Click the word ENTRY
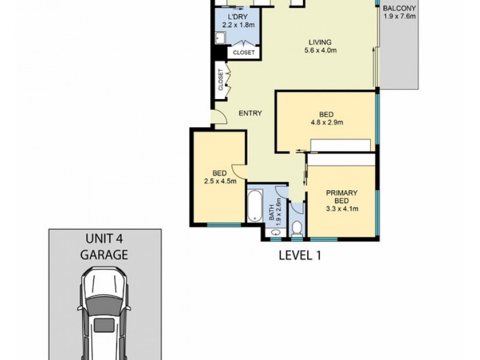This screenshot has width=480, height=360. (250, 113)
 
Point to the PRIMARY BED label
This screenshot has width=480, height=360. (341, 197)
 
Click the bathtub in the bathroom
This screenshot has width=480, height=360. (255, 205)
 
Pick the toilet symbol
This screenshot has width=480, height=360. (296, 227)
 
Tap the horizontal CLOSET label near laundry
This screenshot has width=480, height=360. (244, 53)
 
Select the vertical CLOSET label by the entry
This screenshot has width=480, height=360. (221, 80)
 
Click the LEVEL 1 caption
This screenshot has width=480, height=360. (301, 255)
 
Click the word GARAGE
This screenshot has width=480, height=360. (104, 254)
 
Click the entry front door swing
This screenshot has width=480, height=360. (218, 118)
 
